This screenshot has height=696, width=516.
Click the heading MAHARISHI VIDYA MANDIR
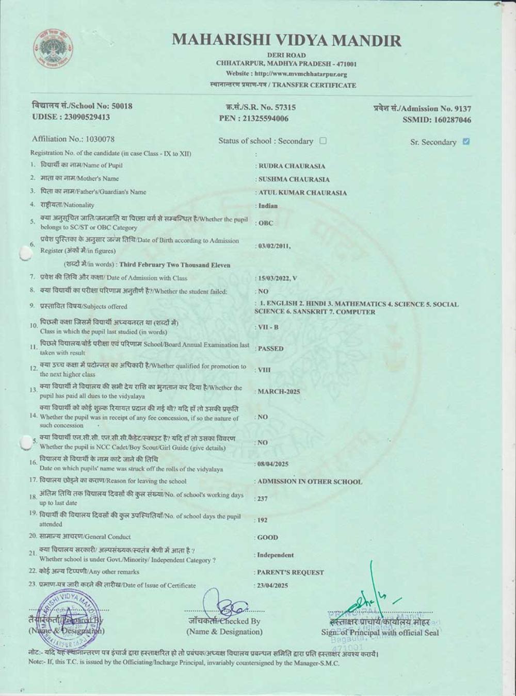coord(286,40)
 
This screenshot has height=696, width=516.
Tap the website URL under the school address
coord(286,74)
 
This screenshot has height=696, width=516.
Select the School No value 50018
coord(122,106)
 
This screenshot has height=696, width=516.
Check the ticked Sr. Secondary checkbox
coord(466,141)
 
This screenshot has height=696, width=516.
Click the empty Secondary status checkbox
coord(323,140)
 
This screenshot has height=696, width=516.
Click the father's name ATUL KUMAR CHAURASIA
coord(302,193)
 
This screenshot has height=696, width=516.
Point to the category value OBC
coord(266,223)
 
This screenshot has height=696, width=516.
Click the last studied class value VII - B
coord(268,327)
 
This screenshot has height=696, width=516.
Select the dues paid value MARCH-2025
coord(279,391)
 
